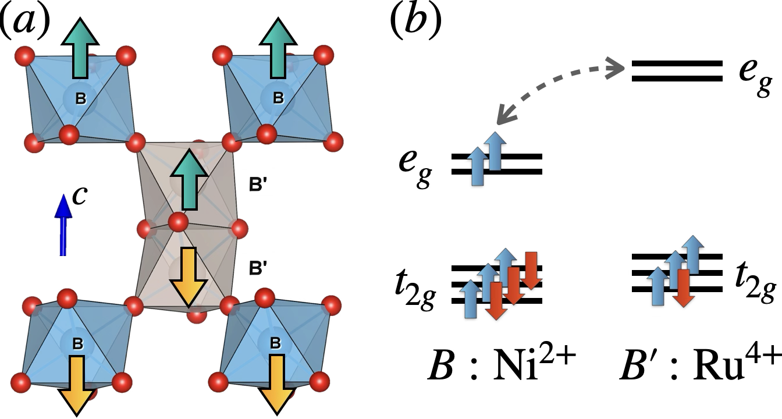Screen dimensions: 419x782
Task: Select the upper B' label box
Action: pos(257,183)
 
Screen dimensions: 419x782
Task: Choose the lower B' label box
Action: pos(257,267)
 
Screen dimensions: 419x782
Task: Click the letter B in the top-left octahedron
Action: pos(81,99)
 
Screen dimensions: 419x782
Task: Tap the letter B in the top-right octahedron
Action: pos(278,98)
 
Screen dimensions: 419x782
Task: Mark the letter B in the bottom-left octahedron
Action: pos(77,344)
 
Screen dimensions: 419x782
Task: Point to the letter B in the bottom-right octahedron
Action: pos(275,343)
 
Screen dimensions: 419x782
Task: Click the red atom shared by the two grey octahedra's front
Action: pos(178,222)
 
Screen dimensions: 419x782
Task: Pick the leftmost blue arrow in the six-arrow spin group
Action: pos(471,299)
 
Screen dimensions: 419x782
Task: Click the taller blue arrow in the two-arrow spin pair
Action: pos(495,151)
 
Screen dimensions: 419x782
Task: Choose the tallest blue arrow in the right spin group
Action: pos(693,254)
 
